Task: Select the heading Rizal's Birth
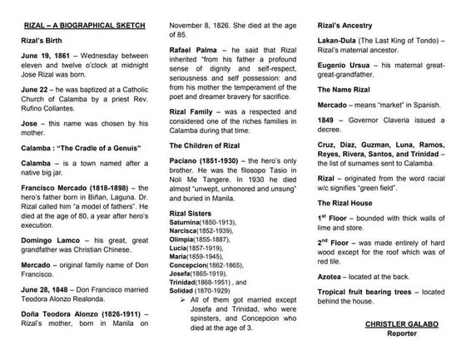point(38,39)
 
